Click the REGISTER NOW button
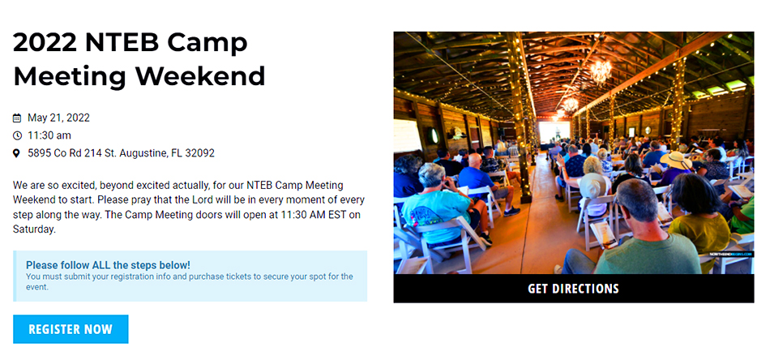[71, 329]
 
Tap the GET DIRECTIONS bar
[573, 289]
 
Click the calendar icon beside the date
[18, 118]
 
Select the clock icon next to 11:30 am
[18, 135]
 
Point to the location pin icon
[18, 153]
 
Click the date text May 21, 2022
[58, 118]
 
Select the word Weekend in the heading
[200, 76]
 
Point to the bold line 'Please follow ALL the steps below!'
[108, 265]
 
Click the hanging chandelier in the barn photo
[601, 71]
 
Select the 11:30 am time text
[49, 135]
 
